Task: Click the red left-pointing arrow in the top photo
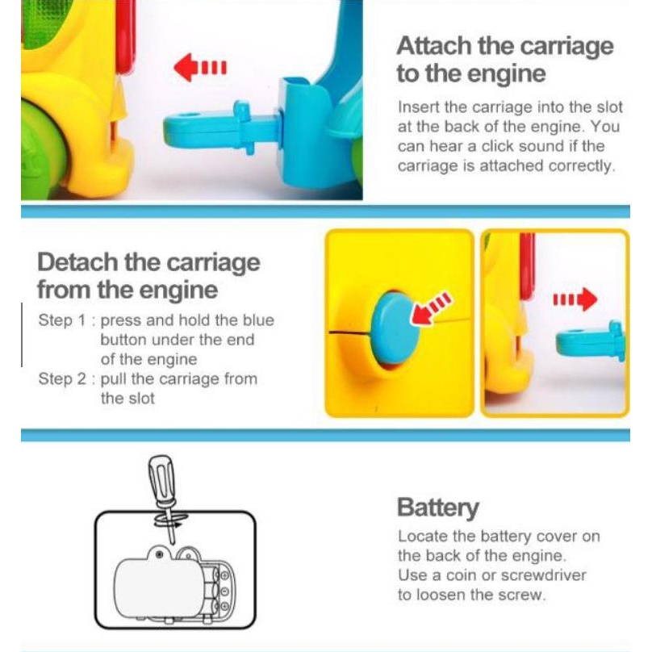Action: [200, 67]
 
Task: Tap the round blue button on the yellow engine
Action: [395, 328]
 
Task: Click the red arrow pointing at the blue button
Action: [430, 308]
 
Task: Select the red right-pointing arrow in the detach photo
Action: [575, 299]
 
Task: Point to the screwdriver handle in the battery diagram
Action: [161, 479]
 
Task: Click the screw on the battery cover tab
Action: [158, 554]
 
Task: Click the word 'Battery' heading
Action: [438, 508]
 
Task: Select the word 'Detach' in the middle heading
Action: [77, 262]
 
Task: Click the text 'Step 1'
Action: [62, 320]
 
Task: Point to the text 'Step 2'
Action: [62, 378]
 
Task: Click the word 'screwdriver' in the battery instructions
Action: [544, 575]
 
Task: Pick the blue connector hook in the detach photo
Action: [591, 341]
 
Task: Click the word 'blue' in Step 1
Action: [259, 320]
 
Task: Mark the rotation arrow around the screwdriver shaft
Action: [171, 520]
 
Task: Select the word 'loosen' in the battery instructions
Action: [441, 595]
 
